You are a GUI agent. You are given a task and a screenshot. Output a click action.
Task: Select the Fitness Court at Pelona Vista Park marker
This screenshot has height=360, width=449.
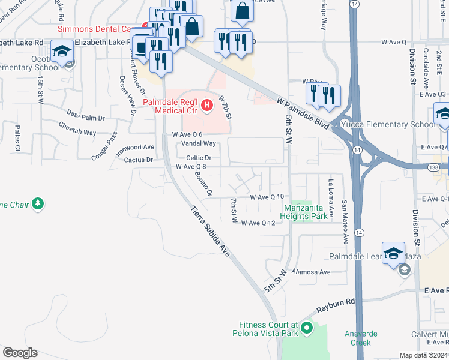tap(307, 328)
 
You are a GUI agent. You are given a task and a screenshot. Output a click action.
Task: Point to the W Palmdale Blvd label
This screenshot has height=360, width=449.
tap(303, 112)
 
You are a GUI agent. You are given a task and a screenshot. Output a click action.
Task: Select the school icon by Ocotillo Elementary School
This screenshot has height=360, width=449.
tap(61, 50)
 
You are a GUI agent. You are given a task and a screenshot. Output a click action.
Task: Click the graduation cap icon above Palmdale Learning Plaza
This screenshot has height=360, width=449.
tap(393, 253)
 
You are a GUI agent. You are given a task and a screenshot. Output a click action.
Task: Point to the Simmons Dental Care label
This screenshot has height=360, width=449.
tap(96, 29)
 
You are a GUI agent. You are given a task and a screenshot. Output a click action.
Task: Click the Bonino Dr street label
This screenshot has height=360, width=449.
tap(203, 184)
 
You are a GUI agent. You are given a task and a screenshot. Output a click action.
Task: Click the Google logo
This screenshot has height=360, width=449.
tap(20, 353)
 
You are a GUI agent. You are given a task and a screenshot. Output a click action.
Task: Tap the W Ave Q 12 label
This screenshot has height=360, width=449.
tap(258, 223)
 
